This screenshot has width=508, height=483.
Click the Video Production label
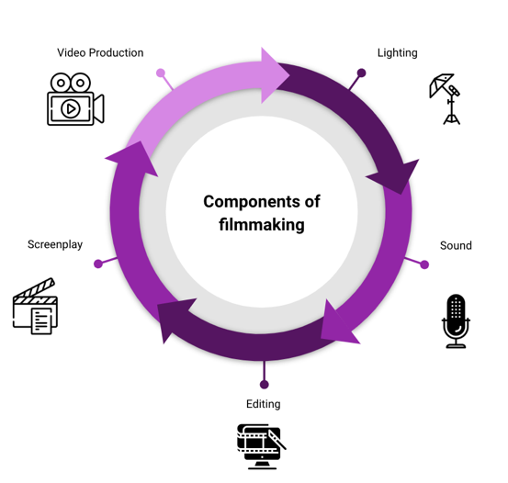(x=100, y=53)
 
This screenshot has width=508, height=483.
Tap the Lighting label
(x=397, y=53)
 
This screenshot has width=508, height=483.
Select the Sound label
(x=456, y=245)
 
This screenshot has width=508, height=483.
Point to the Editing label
(x=263, y=404)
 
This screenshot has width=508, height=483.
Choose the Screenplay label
(x=55, y=244)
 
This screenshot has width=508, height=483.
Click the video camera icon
(x=75, y=99)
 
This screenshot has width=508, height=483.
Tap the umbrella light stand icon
(x=445, y=99)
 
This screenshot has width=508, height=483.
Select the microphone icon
(x=456, y=321)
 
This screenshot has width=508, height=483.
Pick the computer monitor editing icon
(x=262, y=446)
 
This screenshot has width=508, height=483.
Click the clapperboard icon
(x=35, y=306)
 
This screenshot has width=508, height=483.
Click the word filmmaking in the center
(x=262, y=225)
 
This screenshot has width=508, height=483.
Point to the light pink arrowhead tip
(x=289, y=75)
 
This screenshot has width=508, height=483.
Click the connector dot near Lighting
(x=362, y=73)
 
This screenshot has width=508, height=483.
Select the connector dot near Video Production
(x=161, y=73)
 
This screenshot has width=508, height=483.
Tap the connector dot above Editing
(x=264, y=385)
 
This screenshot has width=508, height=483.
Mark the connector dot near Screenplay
(x=98, y=264)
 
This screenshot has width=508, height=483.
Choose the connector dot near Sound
(x=424, y=264)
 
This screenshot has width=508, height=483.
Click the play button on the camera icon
(x=71, y=108)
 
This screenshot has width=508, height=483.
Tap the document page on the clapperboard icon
(x=41, y=321)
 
